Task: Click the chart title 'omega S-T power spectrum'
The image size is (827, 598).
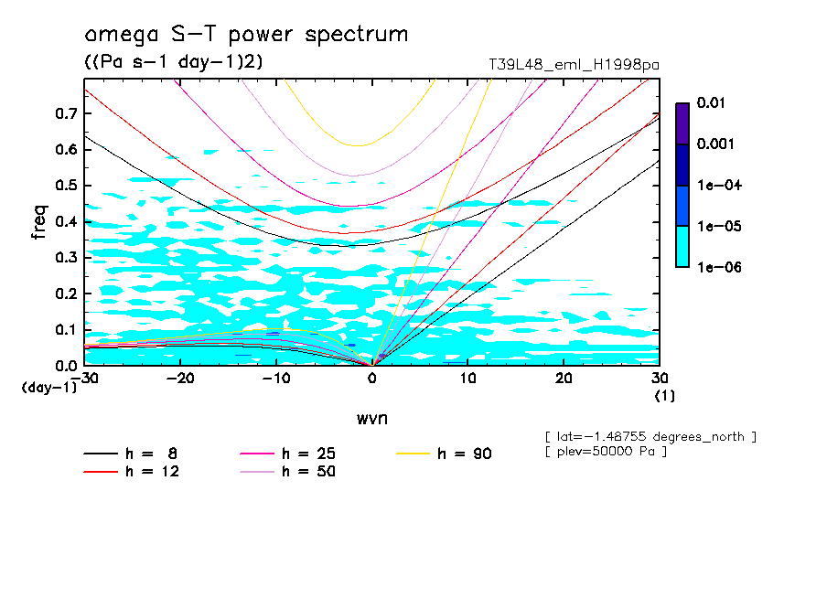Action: click(x=246, y=35)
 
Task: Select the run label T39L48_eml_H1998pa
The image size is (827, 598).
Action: click(x=575, y=65)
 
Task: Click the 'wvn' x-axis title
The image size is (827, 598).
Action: click(x=371, y=418)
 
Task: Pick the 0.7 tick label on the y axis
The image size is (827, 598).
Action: click(x=66, y=113)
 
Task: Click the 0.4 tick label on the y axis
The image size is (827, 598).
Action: click(x=66, y=221)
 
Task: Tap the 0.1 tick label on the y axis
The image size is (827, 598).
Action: click(x=66, y=329)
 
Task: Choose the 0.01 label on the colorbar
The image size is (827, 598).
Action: click(x=710, y=103)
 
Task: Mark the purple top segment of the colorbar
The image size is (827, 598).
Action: click(x=682, y=123)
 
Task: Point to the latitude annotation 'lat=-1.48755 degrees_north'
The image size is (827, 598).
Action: click(x=650, y=437)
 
